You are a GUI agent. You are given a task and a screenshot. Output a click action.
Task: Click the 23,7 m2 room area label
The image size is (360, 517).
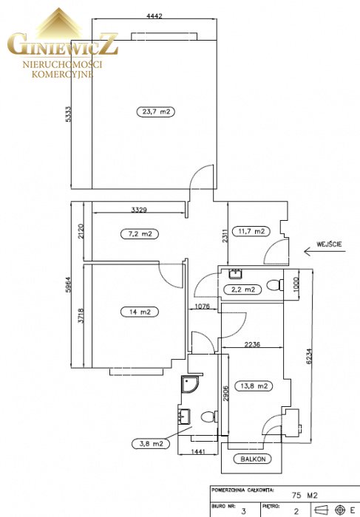156,112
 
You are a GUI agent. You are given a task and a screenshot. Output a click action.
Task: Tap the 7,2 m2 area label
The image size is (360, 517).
139,234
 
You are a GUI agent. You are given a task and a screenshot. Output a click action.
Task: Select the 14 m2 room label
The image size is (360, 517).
140,312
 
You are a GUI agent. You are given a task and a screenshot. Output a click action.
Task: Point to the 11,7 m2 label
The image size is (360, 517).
251,231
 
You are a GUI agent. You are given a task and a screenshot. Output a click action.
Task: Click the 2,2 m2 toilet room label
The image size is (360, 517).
242,290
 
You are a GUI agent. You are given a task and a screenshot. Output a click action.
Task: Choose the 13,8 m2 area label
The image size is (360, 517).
254,386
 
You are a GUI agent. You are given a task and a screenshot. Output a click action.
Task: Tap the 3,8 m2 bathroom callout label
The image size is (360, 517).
151,443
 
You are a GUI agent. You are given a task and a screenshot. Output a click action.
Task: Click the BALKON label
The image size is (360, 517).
253,459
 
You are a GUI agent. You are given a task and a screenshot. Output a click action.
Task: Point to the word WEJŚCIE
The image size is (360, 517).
329,244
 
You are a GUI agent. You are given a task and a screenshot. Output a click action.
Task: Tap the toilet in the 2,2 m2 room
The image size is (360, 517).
274,285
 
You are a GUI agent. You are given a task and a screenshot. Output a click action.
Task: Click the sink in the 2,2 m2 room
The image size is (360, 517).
236,274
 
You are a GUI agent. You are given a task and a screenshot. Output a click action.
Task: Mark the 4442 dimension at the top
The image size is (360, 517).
154,16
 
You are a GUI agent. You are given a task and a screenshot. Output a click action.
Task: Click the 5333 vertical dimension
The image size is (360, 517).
68,114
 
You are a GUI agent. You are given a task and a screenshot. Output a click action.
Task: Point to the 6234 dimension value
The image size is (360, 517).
309,357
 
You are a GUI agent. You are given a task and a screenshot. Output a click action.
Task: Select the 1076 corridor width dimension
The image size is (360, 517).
202,307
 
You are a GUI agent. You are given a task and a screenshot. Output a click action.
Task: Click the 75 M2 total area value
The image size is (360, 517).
305,495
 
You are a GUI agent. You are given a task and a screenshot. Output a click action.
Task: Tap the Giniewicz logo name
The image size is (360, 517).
63,44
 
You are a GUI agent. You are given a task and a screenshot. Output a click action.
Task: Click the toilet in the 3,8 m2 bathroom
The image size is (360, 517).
209,417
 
